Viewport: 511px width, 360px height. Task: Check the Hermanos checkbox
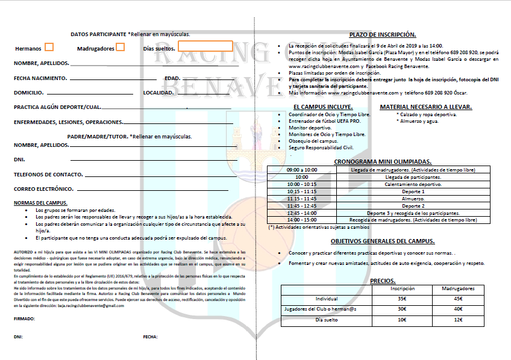(49, 47)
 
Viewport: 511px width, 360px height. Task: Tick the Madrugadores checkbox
(121, 47)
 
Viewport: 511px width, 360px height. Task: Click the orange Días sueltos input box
(205, 46)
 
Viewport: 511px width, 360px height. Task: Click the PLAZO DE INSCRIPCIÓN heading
(382, 35)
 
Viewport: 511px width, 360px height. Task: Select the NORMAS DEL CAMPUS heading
(40, 203)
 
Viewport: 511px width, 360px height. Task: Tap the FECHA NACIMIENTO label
(40, 78)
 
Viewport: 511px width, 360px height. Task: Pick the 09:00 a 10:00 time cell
(302, 170)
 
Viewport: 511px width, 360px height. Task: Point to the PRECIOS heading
(382, 281)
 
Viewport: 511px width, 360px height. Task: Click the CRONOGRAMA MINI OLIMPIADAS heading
(383, 161)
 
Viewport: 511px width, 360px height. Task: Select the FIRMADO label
(24, 318)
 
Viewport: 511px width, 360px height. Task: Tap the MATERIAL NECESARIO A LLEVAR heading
(425, 107)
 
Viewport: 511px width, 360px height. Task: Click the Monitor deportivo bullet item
(310, 128)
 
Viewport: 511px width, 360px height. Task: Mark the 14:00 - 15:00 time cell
(302, 220)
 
